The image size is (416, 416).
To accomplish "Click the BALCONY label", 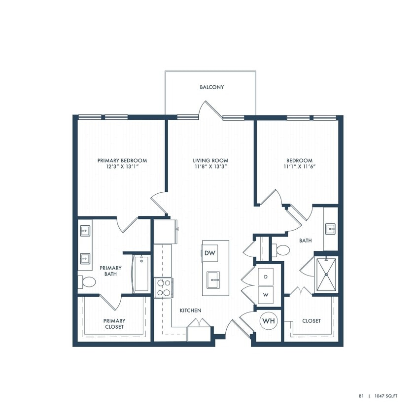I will (x=212, y=87).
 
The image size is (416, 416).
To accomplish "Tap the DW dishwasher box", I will (x=210, y=253).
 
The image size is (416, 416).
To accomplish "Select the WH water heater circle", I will (x=269, y=321).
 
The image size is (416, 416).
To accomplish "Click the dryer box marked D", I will (x=266, y=277).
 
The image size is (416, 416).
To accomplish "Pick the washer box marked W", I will (x=266, y=295).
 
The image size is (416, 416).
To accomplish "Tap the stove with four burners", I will (x=163, y=287).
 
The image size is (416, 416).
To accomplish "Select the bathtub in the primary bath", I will (x=141, y=273).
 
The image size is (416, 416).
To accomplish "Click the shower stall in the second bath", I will (x=326, y=275).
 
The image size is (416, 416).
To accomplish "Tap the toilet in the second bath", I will (x=282, y=250).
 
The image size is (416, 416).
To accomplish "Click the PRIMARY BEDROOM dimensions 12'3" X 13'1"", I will (x=122, y=167).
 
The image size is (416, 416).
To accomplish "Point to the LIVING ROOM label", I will (x=210, y=160).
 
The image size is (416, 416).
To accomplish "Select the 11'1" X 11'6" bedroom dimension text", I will (x=299, y=167).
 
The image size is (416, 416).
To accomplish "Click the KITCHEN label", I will (x=190, y=311).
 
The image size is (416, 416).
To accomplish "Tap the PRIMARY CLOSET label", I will (x=114, y=323).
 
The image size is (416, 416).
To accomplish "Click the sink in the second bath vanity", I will (x=330, y=228).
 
